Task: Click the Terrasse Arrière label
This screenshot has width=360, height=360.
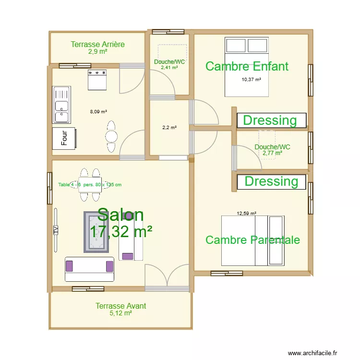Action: coord(97,45)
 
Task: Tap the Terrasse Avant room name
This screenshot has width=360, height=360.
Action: coord(120,306)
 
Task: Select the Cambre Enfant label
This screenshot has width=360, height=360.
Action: coord(247,66)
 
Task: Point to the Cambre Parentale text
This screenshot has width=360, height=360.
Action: coord(252,240)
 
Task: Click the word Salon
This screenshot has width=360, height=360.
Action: coord(120,216)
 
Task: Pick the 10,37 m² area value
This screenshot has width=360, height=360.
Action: coord(251,80)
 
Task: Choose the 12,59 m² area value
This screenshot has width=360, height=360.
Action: coord(246,214)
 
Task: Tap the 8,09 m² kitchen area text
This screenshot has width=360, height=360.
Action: coord(98,112)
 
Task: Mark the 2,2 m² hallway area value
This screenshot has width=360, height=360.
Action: coord(169,128)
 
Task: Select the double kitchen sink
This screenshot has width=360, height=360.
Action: coord(62,105)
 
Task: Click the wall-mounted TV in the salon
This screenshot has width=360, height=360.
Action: coord(56,229)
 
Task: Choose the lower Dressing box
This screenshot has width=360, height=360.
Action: coord(271,181)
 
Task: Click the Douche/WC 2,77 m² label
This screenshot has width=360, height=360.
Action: coord(272,150)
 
